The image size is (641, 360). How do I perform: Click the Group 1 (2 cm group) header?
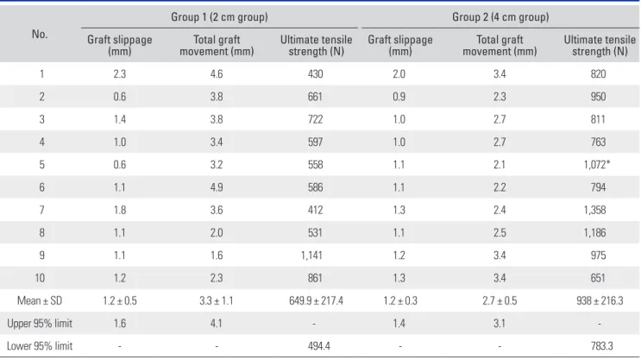[x=219, y=16]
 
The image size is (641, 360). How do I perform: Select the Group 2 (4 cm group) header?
[x=500, y=16]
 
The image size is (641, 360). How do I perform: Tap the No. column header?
[x=40, y=34]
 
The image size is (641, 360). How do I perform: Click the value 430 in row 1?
[x=315, y=73]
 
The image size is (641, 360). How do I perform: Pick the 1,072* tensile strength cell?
[x=597, y=164]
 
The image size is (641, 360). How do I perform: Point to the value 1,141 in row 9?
[x=311, y=256]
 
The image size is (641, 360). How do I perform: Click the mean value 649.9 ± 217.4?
[x=316, y=300]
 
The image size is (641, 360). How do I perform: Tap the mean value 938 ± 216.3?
[x=600, y=300]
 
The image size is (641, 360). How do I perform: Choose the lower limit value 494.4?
[x=319, y=346]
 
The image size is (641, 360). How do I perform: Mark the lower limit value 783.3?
[x=602, y=346]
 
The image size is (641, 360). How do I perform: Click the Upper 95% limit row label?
[x=40, y=323]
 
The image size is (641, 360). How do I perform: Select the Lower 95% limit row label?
[x=40, y=346]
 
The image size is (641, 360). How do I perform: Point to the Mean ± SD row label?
[x=40, y=300]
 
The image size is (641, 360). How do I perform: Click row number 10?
[x=40, y=278]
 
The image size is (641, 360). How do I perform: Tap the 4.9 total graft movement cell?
[x=217, y=187]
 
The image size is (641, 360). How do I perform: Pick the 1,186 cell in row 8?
[x=594, y=233]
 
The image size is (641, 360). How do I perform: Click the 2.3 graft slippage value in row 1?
[x=120, y=73]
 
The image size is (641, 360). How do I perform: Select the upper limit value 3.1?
[x=500, y=323]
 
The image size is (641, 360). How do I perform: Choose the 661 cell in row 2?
[x=315, y=97]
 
